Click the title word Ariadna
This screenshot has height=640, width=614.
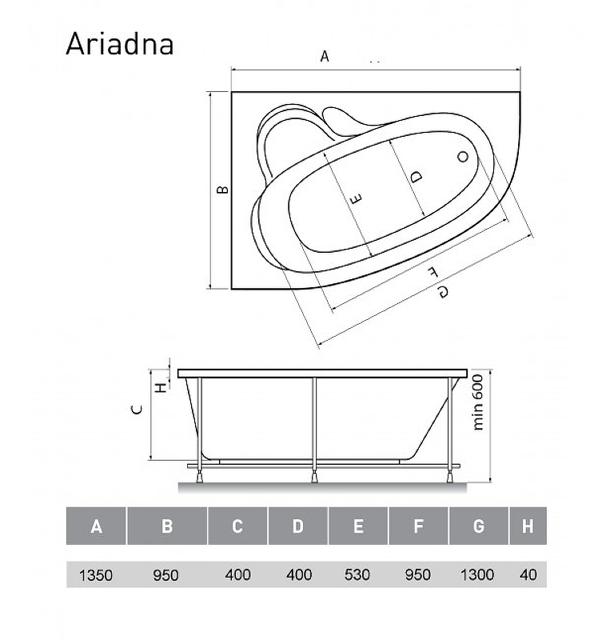click(x=120, y=44)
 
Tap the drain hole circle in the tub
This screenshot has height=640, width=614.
click(x=463, y=156)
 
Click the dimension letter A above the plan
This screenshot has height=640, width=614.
click(x=325, y=56)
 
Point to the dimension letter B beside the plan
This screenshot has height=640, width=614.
click(x=222, y=190)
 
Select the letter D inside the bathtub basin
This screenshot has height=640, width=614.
click(x=416, y=177)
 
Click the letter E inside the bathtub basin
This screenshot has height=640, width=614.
click(x=356, y=199)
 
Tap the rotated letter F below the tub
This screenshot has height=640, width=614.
click(x=432, y=272)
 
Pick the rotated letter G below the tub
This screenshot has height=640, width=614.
click(x=443, y=292)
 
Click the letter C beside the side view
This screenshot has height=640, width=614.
click(x=138, y=410)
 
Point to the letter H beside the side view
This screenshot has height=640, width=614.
click(x=162, y=387)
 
